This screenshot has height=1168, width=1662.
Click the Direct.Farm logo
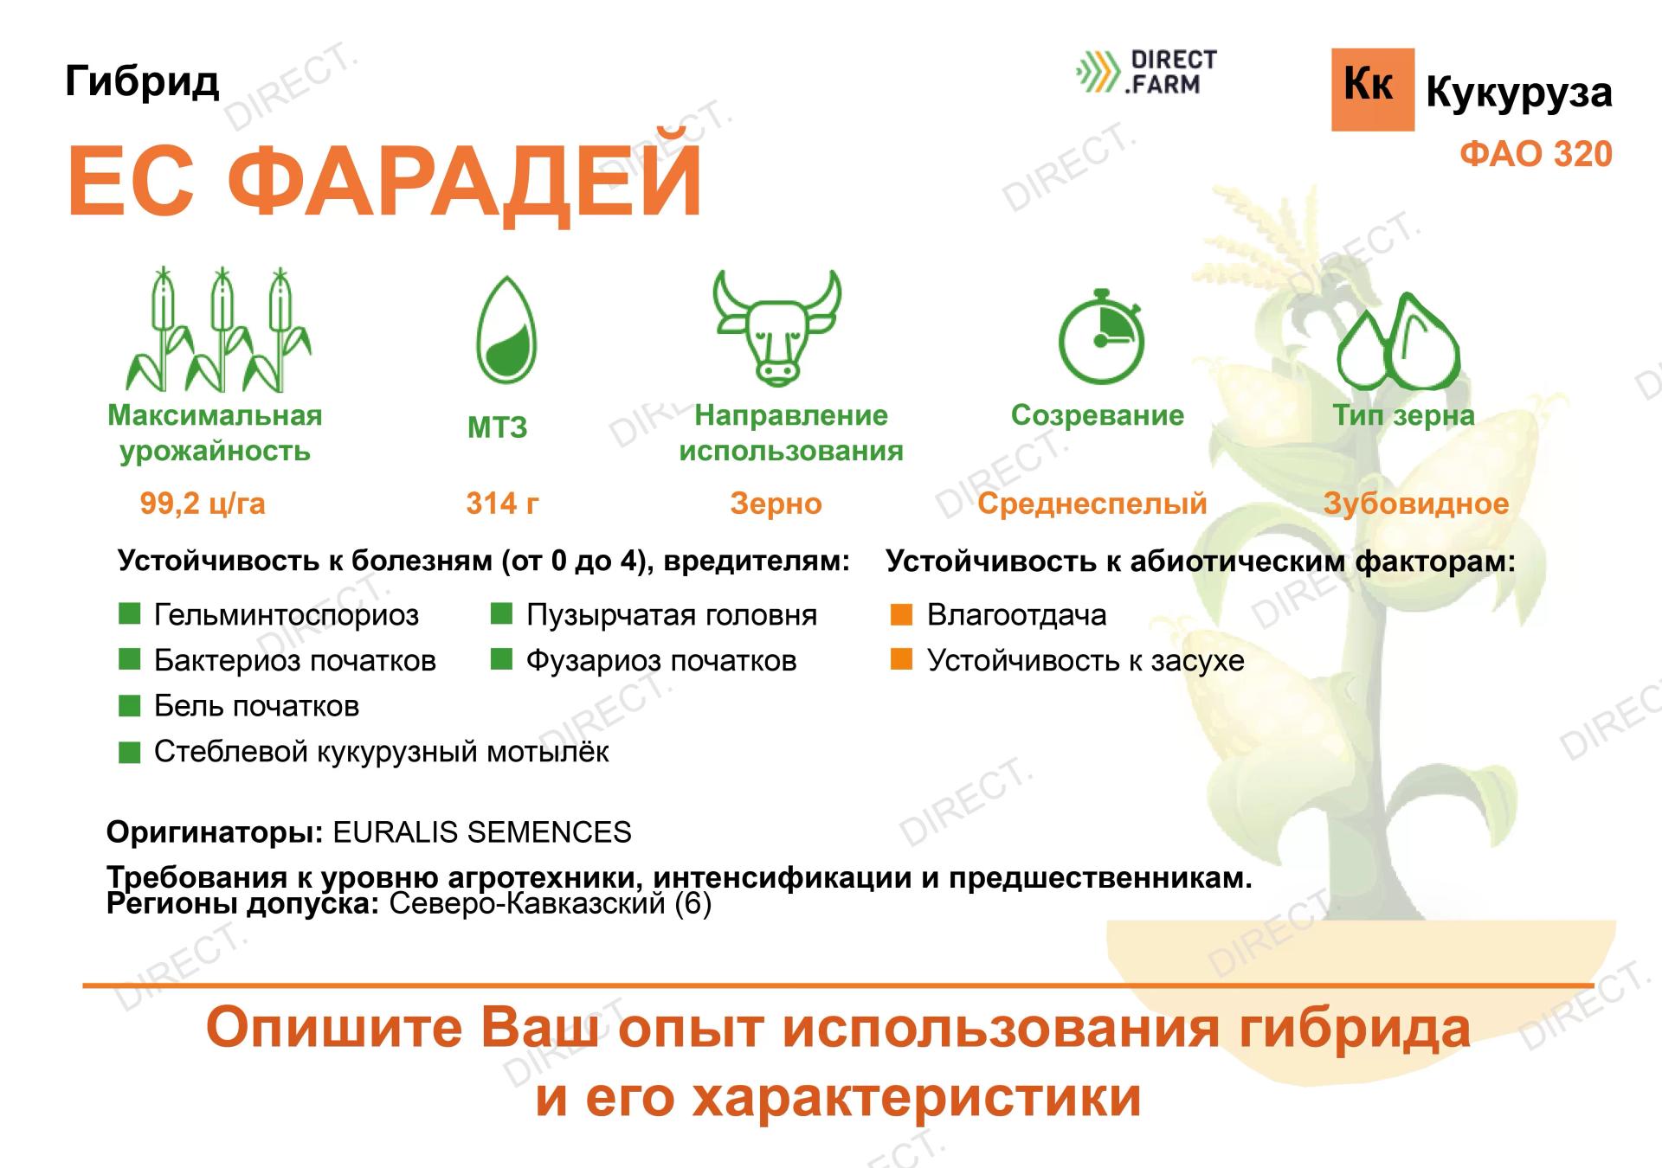1146,73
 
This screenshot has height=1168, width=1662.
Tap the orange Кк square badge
1372,89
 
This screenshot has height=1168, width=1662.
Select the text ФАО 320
1536,155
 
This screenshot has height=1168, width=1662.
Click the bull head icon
776,328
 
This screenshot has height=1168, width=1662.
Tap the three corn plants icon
219,331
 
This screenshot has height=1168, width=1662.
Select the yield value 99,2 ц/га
203,504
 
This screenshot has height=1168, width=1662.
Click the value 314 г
502,504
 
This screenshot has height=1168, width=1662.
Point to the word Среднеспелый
1092,504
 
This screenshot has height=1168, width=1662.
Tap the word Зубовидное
1415,504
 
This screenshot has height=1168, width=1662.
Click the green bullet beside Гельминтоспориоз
129,614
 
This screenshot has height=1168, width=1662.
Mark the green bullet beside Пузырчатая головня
501,614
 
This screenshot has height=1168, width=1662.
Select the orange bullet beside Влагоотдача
901,614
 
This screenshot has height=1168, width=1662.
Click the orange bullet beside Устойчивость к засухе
901,660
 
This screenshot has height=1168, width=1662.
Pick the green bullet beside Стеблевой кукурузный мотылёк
129,752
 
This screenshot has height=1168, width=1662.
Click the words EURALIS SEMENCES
482,832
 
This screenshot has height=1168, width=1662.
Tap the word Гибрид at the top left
142,81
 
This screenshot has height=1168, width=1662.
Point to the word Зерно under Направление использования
776,504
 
